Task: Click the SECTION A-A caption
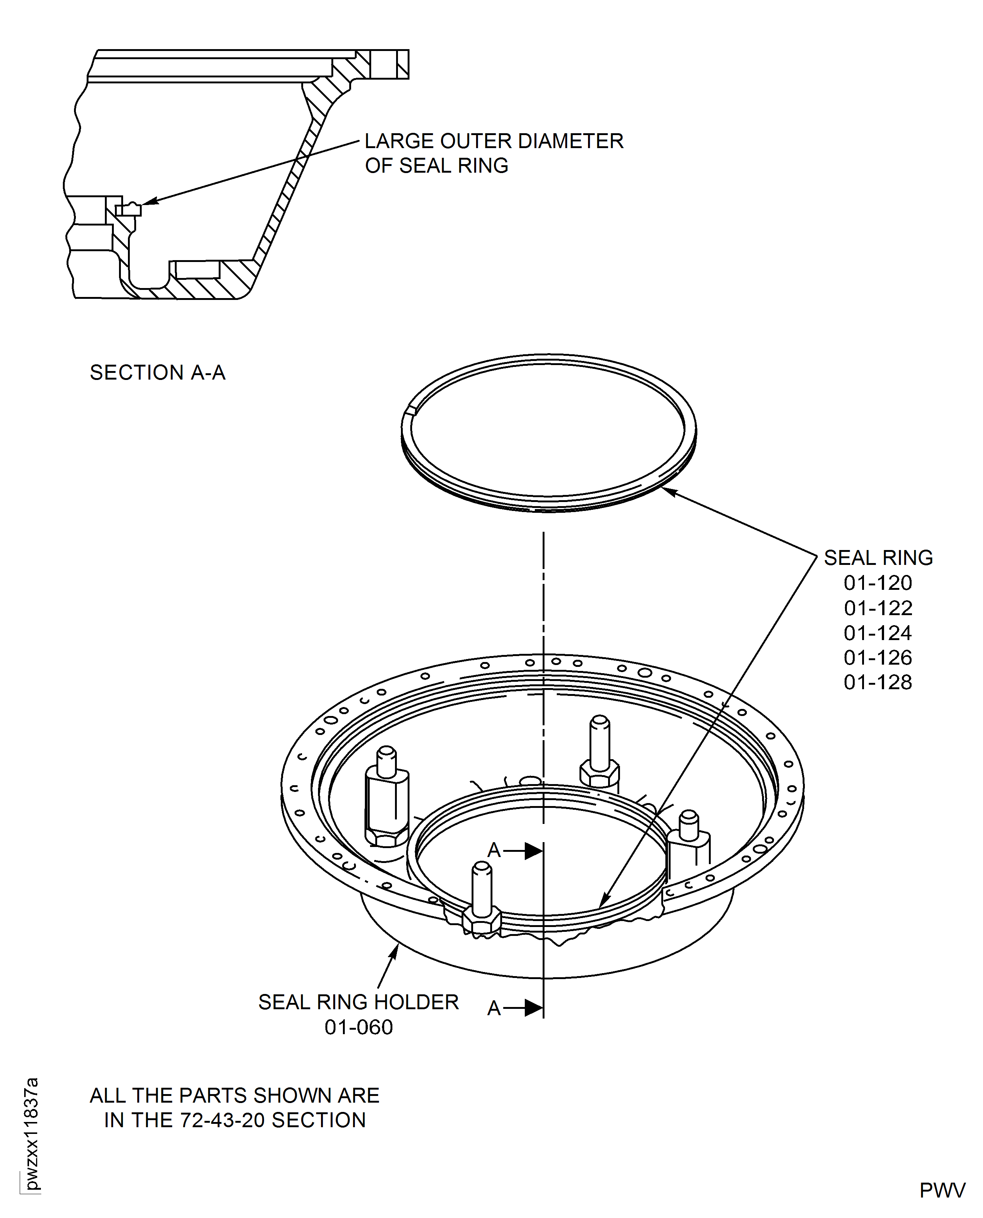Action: [157, 373]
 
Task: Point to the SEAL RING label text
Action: [878, 558]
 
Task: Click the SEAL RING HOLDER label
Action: [358, 1002]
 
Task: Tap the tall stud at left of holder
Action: [387, 799]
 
